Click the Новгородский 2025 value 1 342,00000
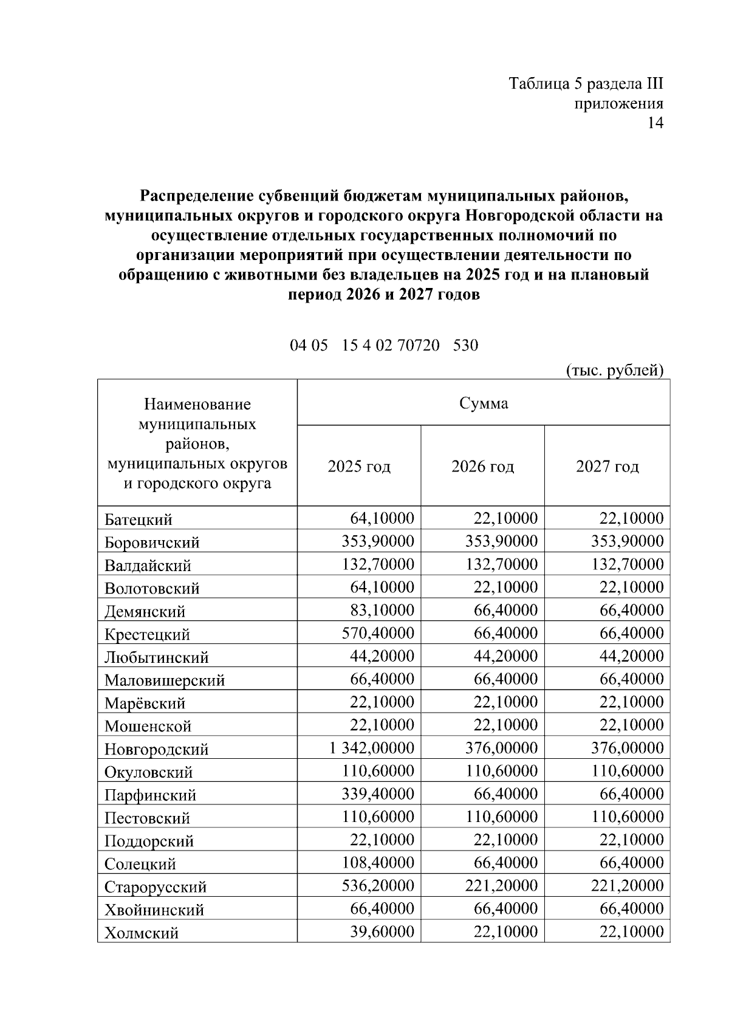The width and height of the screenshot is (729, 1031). pos(372,748)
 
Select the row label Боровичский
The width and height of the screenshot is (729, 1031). pos(152,542)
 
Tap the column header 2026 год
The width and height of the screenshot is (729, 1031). pos(482,467)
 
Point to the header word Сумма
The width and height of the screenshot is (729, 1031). pos(484,403)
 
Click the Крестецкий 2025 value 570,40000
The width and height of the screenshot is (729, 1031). pos(377,633)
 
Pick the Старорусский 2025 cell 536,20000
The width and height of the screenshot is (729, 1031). pos(377,886)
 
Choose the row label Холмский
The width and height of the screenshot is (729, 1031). pos(142,933)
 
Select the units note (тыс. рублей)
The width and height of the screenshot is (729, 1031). pos(614,369)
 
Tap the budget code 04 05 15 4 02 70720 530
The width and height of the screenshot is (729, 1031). pos(384,345)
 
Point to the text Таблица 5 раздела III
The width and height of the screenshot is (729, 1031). pos(586,83)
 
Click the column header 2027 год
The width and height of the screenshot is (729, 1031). pos(607,467)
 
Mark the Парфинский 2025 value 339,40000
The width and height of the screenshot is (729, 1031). pos(377,794)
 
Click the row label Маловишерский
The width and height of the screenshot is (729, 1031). pos(165,680)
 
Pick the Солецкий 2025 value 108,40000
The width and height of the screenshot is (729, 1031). pos(377,863)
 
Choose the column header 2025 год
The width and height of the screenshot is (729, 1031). pos(359,467)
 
